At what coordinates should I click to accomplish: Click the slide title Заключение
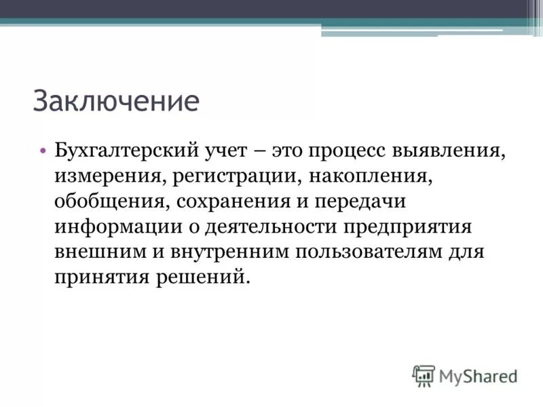click(x=116, y=101)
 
